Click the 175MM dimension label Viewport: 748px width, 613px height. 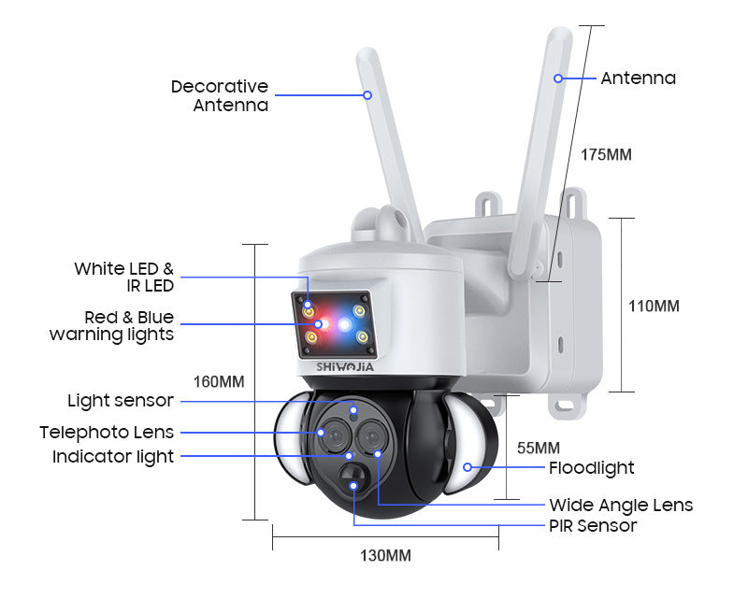606,155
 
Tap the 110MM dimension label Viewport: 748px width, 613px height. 654,306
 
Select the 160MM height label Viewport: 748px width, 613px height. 219,382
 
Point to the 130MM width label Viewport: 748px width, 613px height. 385,556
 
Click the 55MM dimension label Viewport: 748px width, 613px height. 539,449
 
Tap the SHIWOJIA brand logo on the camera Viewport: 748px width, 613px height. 345,367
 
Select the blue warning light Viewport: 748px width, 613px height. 344,324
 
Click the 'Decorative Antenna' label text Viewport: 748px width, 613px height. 220,96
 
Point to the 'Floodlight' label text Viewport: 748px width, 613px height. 592,468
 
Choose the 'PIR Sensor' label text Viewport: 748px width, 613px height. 593,526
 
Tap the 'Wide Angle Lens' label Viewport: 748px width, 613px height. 621,506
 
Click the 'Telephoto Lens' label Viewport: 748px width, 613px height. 107,433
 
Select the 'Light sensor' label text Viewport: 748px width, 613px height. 121,401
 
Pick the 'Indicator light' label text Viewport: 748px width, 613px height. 113,457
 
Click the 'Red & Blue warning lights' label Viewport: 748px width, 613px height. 111,326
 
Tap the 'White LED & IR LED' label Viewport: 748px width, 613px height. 124,278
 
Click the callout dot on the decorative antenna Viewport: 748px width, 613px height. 367,95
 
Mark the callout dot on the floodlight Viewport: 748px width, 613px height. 467,467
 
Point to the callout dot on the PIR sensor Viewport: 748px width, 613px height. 353,486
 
